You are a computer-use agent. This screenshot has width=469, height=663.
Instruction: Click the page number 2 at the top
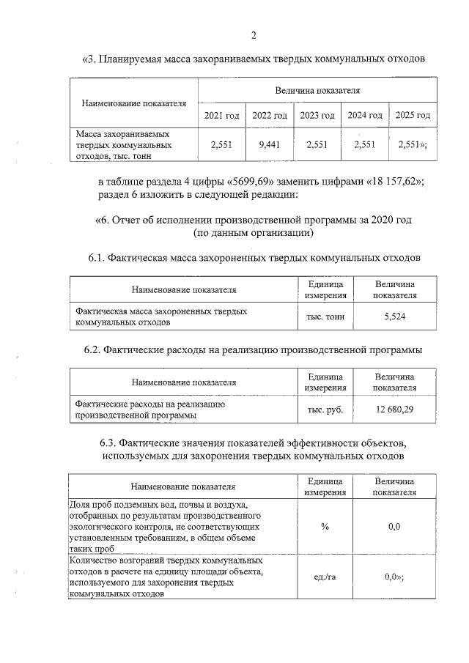[x=254, y=35]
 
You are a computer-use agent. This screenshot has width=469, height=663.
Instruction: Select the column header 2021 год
[x=221, y=116]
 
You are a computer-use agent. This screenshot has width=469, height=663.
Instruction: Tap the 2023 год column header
[x=317, y=116]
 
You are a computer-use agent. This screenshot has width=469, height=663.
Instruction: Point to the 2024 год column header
[x=365, y=116]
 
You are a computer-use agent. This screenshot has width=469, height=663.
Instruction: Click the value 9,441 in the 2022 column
[x=270, y=145]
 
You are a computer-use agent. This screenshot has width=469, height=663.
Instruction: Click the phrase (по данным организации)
[x=254, y=233]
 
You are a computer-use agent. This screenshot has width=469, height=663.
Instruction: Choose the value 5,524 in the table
[x=394, y=316]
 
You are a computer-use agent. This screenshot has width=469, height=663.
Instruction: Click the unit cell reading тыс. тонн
[x=325, y=316]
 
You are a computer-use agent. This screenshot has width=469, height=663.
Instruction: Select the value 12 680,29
[x=394, y=409]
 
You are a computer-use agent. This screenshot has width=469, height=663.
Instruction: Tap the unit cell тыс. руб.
[x=325, y=409]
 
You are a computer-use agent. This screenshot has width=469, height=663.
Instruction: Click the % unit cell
[x=325, y=527]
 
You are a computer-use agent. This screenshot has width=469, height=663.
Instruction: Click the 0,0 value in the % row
[x=394, y=527]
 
